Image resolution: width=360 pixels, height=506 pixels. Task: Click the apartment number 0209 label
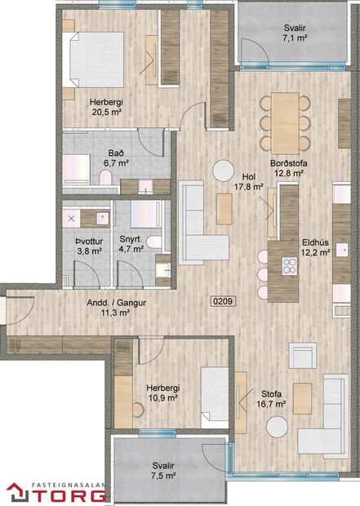(223, 300)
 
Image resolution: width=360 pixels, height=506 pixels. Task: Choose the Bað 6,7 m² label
(116, 158)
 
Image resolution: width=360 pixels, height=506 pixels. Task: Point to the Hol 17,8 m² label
(248, 182)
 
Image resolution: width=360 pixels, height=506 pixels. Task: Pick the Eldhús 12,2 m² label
(315, 247)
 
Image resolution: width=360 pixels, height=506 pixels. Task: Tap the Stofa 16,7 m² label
(271, 397)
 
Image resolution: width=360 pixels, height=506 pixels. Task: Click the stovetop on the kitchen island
(289, 264)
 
